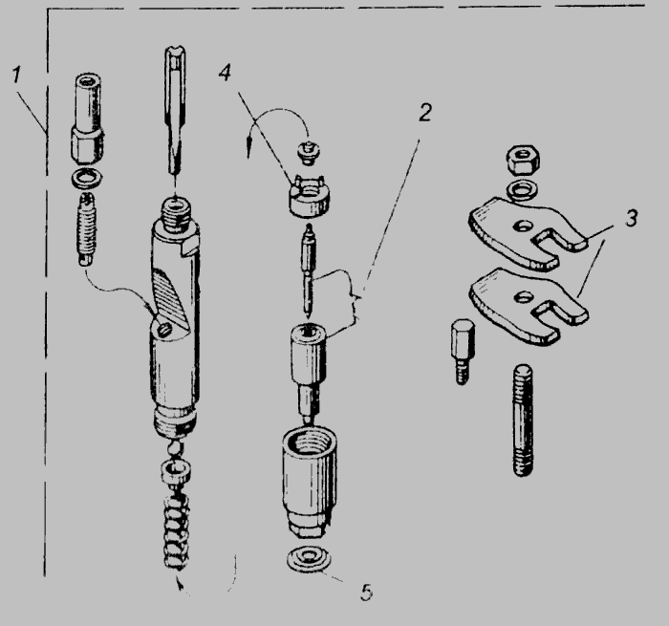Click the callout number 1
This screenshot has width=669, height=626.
click(16, 75)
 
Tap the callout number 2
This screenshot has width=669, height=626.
click(425, 112)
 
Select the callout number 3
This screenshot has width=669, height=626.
click(632, 218)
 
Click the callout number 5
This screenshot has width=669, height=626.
click(366, 593)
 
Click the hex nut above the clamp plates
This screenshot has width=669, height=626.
click(522, 160)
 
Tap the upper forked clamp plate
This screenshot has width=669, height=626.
click(528, 232)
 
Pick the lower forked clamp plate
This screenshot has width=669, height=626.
click(528, 305)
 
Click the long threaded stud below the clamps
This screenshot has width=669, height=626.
click(522, 420)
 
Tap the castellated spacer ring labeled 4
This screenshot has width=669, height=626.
click(310, 198)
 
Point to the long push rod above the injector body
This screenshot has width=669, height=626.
click(175, 111)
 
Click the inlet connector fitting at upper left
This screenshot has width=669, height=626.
click(88, 119)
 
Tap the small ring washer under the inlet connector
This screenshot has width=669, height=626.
click(88, 178)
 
